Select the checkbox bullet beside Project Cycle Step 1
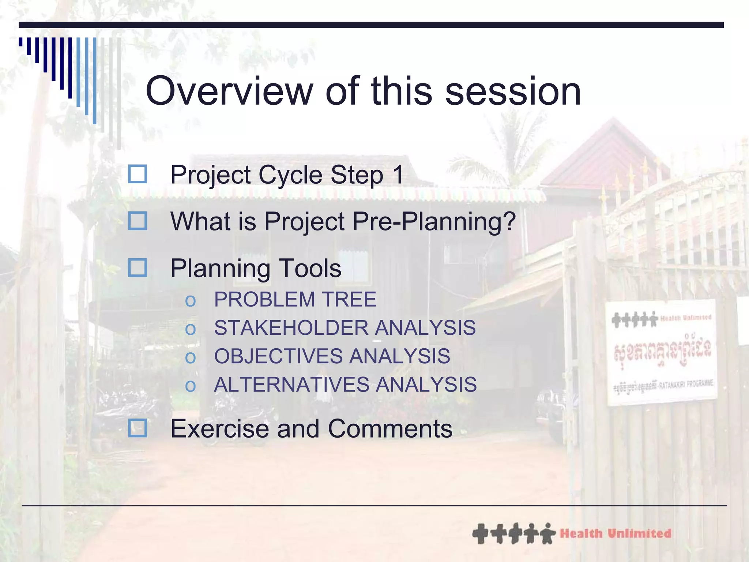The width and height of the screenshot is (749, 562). click(x=138, y=174)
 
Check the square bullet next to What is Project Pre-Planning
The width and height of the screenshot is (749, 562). click(x=138, y=221)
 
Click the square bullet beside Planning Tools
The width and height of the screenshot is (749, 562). click(x=138, y=267)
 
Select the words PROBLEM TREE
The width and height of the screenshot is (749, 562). click(x=295, y=299)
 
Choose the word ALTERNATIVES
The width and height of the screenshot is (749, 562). click(x=291, y=385)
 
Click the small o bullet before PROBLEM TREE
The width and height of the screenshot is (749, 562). click(x=190, y=301)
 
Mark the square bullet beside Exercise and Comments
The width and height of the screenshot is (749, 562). click(x=138, y=428)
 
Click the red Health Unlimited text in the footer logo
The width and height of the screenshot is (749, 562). click(x=615, y=534)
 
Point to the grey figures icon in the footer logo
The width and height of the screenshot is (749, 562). click(x=513, y=534)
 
